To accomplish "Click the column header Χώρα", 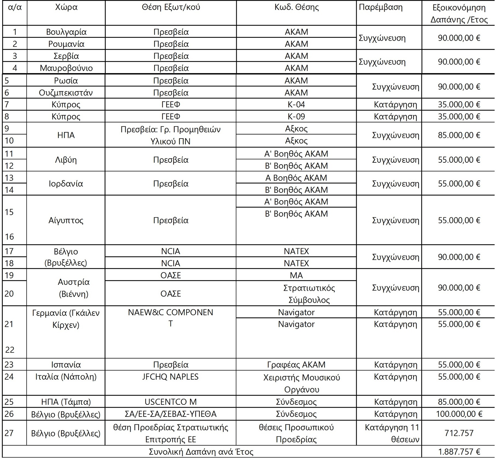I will coord(66,7).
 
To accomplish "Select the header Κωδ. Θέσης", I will coord(296,7).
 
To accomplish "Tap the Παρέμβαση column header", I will coord(380,7).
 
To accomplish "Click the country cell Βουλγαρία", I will coord(66,32).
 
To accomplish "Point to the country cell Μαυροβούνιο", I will coord(66,68).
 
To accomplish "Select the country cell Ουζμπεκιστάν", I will coord(66,93).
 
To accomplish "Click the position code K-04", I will coord(296,104).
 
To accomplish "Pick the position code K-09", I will coord(296,117).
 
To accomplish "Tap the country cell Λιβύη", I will coord(66,160).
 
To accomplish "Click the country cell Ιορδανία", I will coord(66,184).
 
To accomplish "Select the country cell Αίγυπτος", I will coord(66,220).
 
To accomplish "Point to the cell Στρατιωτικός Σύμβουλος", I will coord(309,294).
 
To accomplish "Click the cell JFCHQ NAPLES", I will coord(170,377).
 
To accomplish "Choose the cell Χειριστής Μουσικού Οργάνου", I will coord(301,383).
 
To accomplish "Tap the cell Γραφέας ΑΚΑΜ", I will coord(296,365).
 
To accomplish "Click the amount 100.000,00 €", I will coord(459,414).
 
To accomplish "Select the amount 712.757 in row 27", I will coord(459,433).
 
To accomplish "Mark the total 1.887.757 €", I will coord(459,452).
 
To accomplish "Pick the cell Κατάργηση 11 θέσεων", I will coord(392,433).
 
